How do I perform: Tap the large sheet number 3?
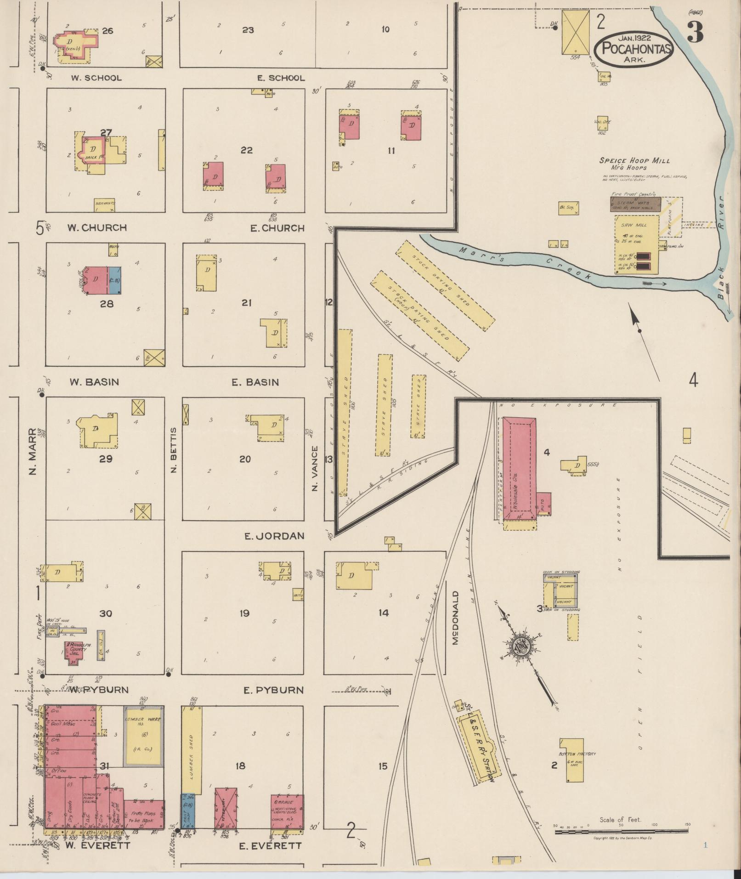[696, 33]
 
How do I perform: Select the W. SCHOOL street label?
[96, 78]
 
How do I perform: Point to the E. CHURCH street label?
[277, 228]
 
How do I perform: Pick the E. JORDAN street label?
[274, 536]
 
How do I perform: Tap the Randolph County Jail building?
[73, 652]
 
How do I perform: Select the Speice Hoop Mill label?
[634, 161]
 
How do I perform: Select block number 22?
[247, 150]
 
